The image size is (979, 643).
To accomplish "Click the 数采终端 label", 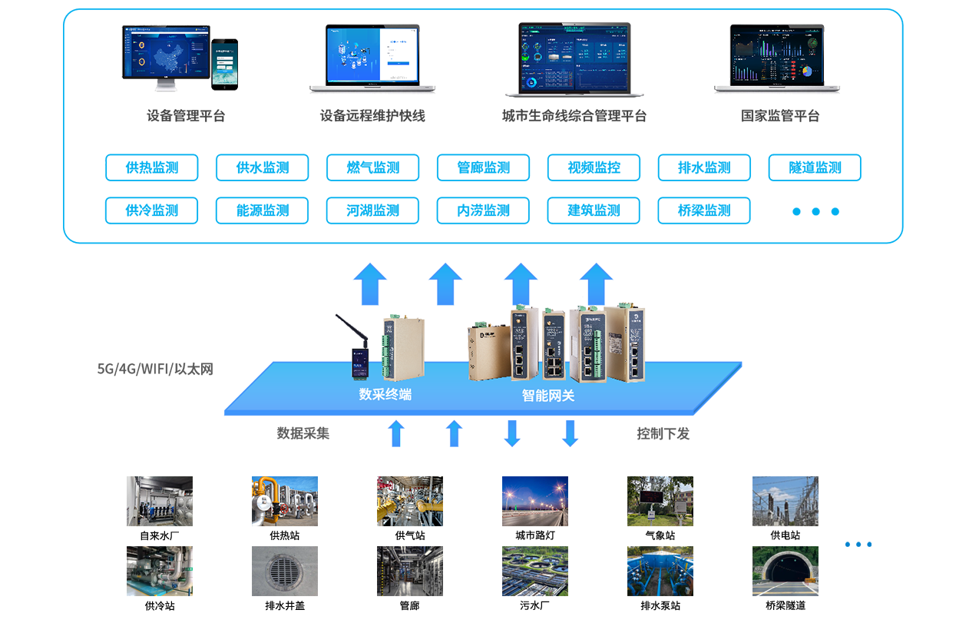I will (x=385, y=395).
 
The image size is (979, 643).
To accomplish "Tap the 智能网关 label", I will (x=548, y=396).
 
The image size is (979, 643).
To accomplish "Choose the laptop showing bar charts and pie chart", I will (x=776, y=55).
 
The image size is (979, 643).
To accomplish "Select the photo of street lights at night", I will (x=534, y=501).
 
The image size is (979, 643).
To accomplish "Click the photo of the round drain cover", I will (x=284, y=571).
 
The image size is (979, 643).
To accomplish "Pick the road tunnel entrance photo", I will (x=785, y=571).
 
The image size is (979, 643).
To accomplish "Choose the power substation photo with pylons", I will (x=785, y=501).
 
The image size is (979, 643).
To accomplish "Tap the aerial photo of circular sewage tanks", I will (x=534, y=571).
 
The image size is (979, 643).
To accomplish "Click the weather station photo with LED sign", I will (x=660, y=501).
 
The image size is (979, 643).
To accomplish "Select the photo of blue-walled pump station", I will (x=660, y=571).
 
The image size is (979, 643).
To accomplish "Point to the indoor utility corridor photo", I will (x=409, y=571).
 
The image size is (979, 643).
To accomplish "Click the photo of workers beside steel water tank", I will (x=159, y=501).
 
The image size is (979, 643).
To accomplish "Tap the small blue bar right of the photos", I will (x=858, y=544).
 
